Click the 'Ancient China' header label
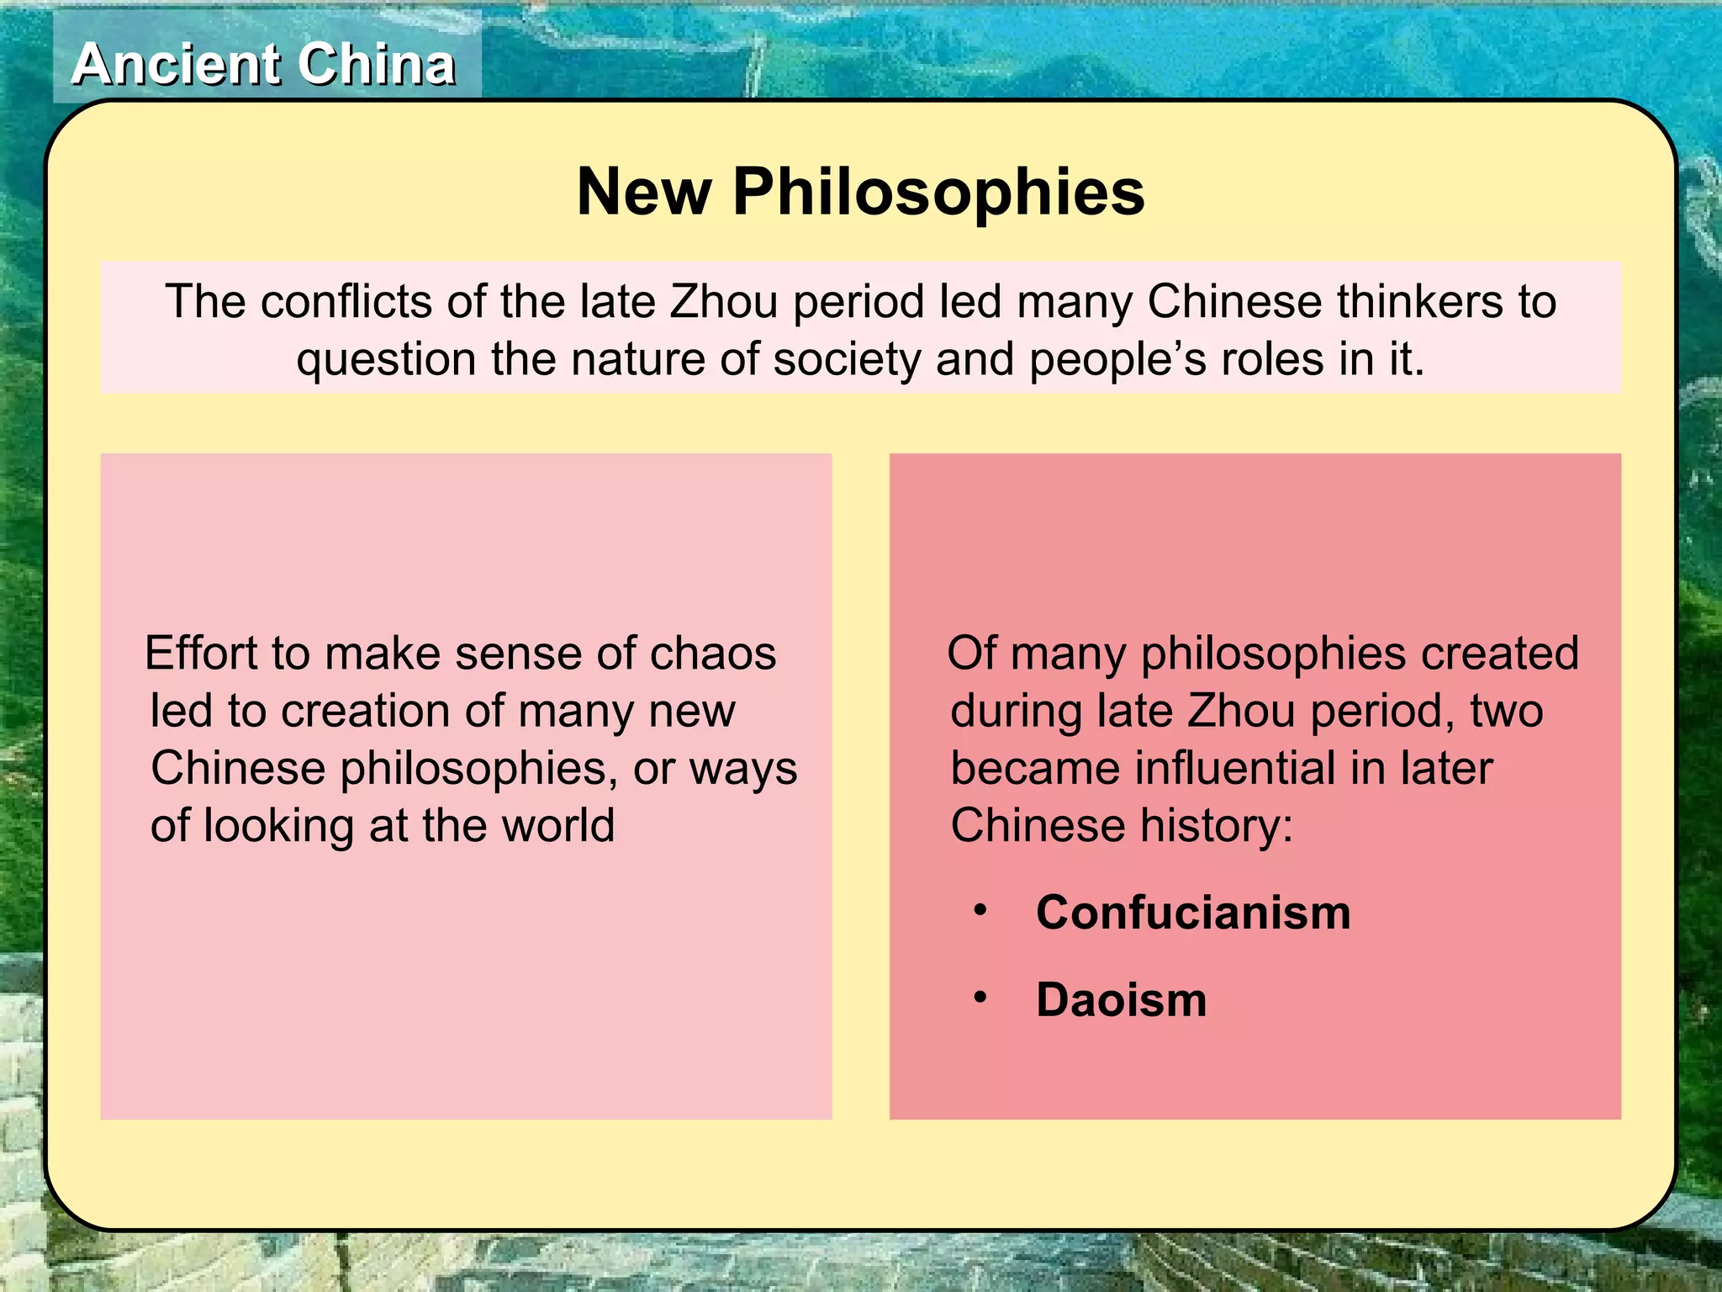[264, 65]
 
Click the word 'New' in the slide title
[643, 192]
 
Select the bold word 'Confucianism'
[1192, 912]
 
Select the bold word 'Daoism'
[1121, 999]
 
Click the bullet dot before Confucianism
[980, 910]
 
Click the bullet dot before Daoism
[980, 998]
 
